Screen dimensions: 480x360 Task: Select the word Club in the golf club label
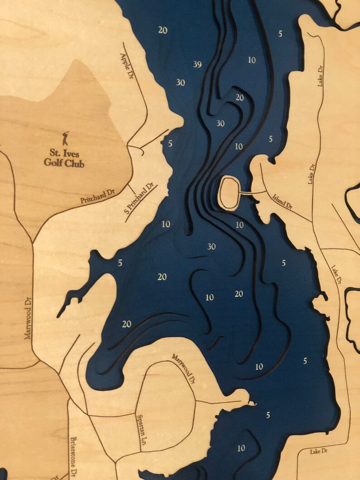click(74, 163)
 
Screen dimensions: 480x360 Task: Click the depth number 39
click(197, 64)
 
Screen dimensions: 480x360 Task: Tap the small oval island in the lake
click(230, 193)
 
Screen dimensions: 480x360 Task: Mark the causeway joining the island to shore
click(252, 193)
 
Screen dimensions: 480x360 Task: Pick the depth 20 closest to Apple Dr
click(163, 30)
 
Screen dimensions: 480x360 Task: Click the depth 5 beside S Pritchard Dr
click(170, 144)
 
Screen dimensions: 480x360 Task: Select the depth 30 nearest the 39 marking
click(180, 82)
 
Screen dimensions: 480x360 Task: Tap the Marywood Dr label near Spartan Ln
click(186, 368)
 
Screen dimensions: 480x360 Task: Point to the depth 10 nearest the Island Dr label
click(239, 225)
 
